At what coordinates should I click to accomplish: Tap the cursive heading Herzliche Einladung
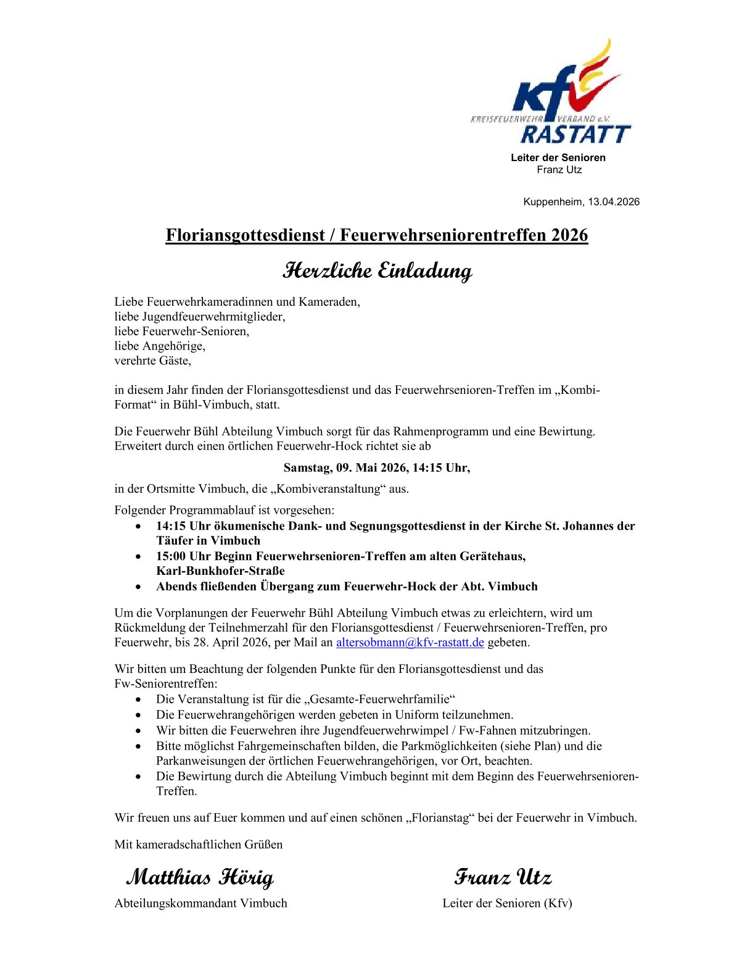click(x=377, y=270)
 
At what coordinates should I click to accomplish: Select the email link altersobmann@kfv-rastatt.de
click(x=410, y=642)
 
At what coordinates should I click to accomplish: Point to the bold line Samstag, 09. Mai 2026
click(x=376, y=467)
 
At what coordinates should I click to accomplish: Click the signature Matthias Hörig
click(x=200, y=877)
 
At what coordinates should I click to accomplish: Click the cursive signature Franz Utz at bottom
click(x=503, y=877)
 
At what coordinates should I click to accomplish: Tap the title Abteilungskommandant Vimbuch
click(x=200, y=903)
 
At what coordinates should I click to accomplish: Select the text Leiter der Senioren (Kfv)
click(x=507, y=903)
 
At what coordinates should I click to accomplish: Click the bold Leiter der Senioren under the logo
click(x=558, y=157)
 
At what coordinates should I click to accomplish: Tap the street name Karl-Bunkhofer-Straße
click(x=220, y=570)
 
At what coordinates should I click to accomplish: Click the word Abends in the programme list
click(x=176, y=586)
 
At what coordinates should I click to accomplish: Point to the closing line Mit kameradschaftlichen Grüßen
click(x=198, y=844)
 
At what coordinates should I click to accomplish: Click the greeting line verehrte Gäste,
click(x=152, y=361)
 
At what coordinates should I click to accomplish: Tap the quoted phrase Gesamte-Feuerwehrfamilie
click(x=382, y=699)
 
